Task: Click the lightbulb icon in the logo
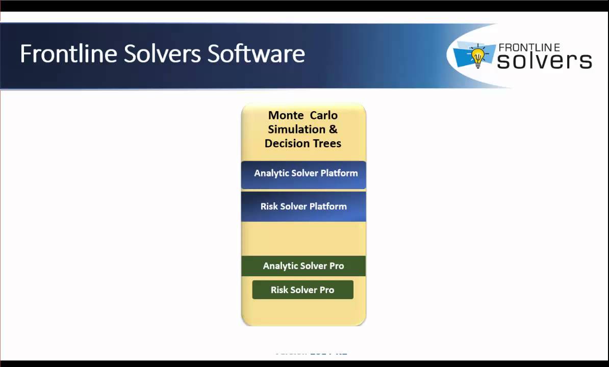477,56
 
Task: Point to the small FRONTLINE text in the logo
529,47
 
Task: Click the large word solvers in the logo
544,61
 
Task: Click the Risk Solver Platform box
303,206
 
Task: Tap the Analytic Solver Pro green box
303,266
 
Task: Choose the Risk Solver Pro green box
302,290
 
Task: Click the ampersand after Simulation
333,129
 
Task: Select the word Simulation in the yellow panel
296,129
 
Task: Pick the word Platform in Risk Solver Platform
328,206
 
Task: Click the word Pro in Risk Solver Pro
326,290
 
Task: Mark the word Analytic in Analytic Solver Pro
280,266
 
